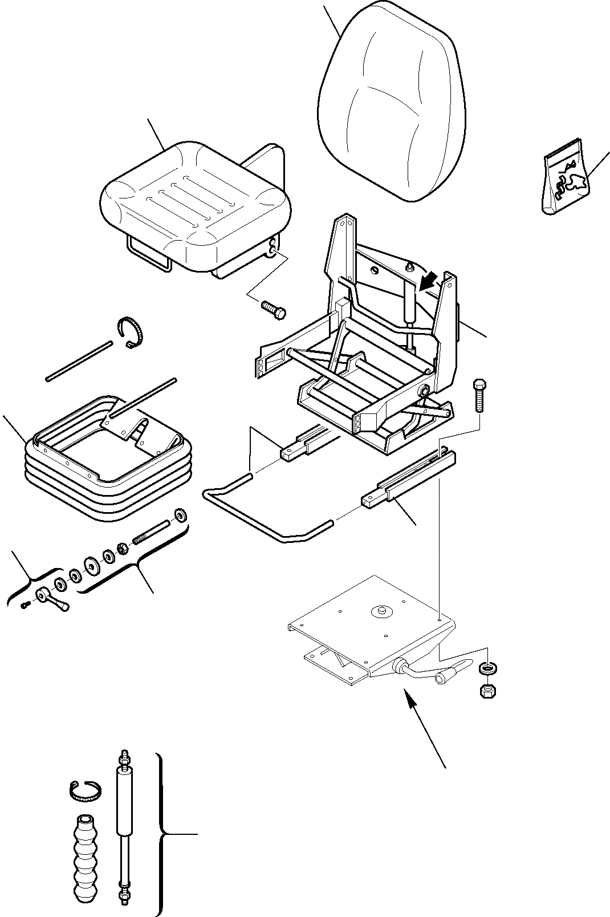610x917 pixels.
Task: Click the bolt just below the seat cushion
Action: coord(273,309)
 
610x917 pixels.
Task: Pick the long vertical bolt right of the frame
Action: coord(479,395)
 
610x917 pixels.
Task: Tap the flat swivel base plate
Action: coord(371,633)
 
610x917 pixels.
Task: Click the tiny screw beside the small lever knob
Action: coord(25,606)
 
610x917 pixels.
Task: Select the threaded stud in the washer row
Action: coord(151,533)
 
